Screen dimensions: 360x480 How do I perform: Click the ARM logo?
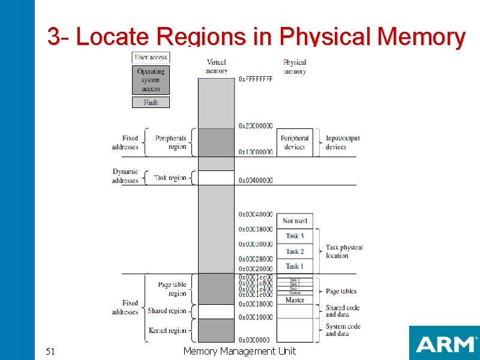click(x=444, y=344)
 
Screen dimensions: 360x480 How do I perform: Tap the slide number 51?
click(x=51, y=351)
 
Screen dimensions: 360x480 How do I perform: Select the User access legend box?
click(x=151, y=57)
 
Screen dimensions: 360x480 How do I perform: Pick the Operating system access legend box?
click(x=151, y=79)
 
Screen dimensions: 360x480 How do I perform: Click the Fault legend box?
click(x=151, y=103)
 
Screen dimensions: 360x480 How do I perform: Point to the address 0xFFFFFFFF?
click(x=256, y=79)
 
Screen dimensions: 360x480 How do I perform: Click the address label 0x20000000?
click(x=256, y=126)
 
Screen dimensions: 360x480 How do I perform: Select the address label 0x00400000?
click(x=256, y=181)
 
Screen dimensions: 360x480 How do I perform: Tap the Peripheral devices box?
click(x=295, y=143)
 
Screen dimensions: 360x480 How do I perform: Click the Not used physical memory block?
click(x=295, y=221)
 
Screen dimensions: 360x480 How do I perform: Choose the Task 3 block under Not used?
click(x=295, y=236)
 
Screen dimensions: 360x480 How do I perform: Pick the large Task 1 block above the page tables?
click(x=295, y=266)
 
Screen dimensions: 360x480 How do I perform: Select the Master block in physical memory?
click(x=295, y=300)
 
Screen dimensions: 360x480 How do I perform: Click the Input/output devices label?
click(x=343, y=143)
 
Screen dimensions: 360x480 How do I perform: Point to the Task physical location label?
click(x=344, y=251)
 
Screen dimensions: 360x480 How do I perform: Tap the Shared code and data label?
click(x=343, y=311)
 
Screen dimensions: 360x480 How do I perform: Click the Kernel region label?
click(x=168, y=331)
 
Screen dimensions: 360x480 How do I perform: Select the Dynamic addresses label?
click(x=125, y=176)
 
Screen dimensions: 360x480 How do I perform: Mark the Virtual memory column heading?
click(x=216, y=67)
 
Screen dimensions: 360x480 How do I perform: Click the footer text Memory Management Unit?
click(x=239, y=351)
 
